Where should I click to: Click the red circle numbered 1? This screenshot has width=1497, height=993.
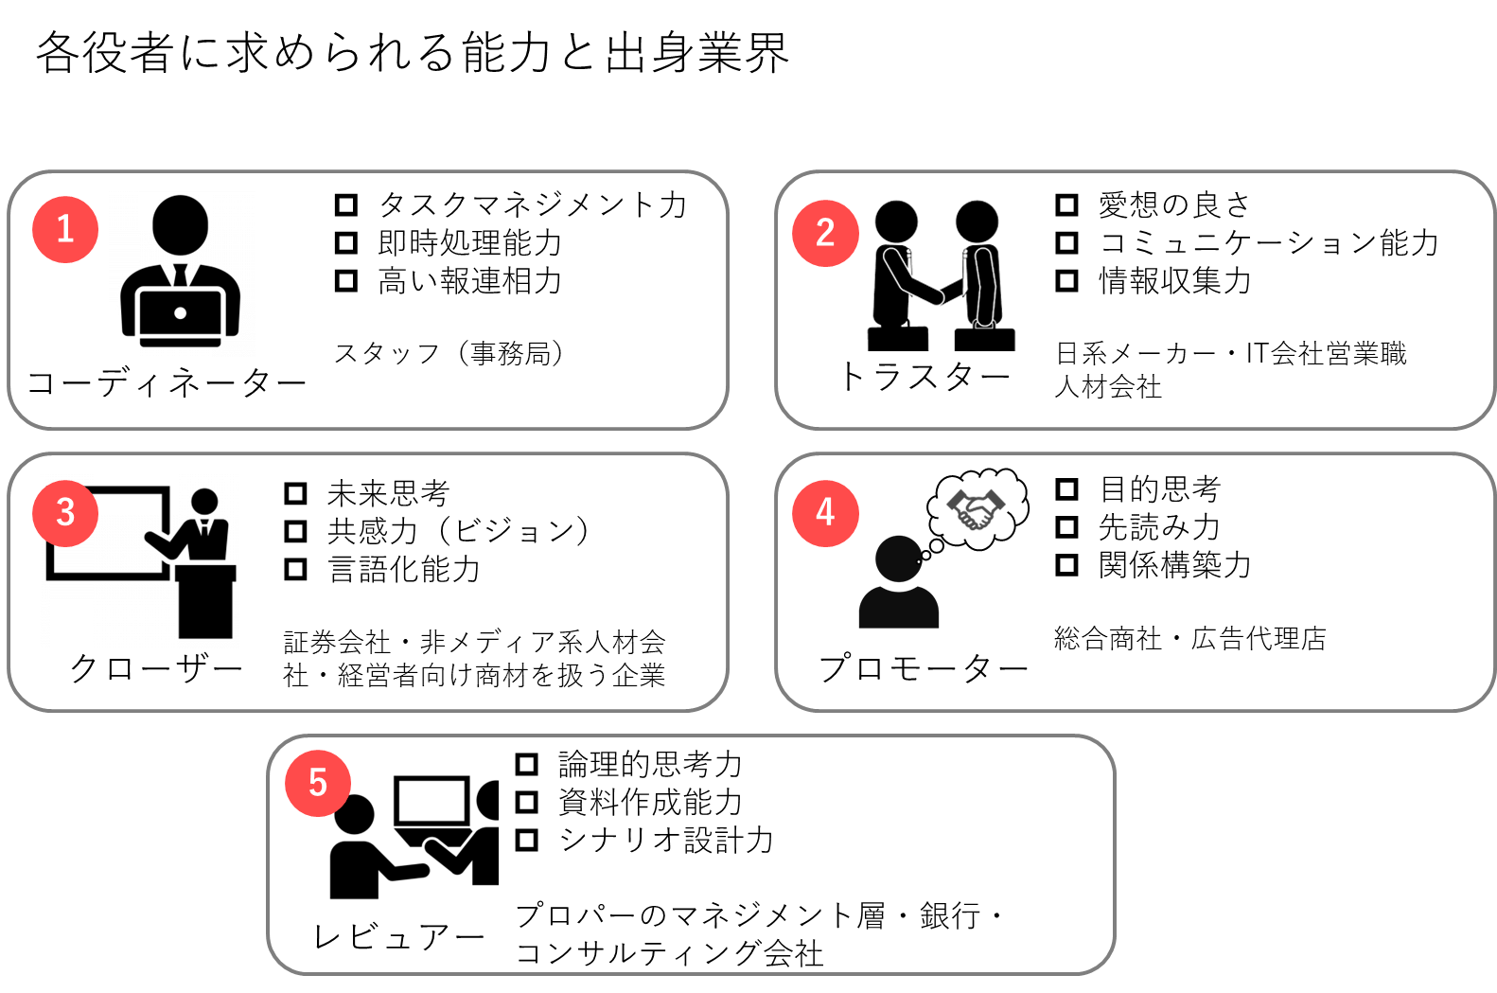coord(65,229)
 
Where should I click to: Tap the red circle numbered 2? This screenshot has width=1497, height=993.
coord(825,233)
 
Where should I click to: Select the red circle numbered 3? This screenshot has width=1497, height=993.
coord(65,513)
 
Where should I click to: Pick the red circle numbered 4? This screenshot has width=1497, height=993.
coord(825,513)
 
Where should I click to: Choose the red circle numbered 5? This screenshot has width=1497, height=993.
coord(318,783)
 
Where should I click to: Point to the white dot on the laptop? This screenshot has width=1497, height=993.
coord(180,313)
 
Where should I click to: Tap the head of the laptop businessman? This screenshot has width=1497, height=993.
coord(180,224)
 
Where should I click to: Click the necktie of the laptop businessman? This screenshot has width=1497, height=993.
coord(180,275)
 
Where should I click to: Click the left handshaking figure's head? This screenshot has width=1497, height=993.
coord(895,221)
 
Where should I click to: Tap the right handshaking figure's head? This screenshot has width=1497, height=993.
coord(977,221)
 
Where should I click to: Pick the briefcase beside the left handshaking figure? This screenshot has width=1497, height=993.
coord(897,338)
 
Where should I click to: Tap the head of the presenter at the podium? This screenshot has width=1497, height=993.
coord(204,502)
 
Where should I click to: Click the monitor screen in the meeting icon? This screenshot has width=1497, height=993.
coord(431,801)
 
